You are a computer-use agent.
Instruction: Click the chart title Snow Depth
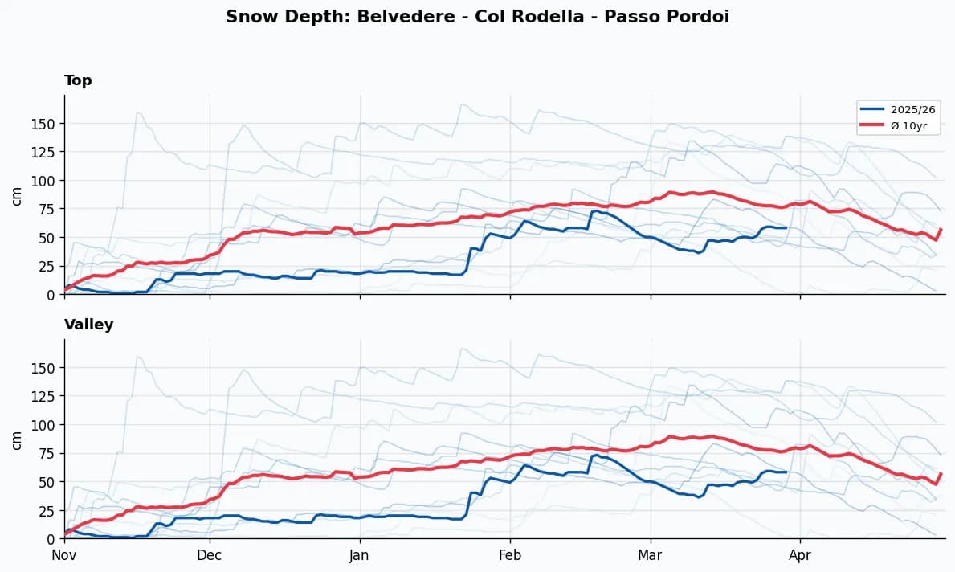(x=270, y=17)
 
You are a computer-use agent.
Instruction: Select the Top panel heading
(x=78, y=80)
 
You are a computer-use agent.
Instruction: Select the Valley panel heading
(x=88, y=325)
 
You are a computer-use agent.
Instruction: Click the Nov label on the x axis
(x=64, y=554)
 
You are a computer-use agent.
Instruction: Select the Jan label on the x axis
(x=360, y=554)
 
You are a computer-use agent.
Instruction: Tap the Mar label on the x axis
(x=651, y=554)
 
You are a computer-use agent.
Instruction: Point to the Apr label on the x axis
(x=800, y=554)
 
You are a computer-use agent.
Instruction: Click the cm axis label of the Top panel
(x=17, y=195)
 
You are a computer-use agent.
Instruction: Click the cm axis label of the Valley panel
(x=17, y=439)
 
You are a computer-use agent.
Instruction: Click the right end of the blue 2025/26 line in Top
(x=785, y=227)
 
